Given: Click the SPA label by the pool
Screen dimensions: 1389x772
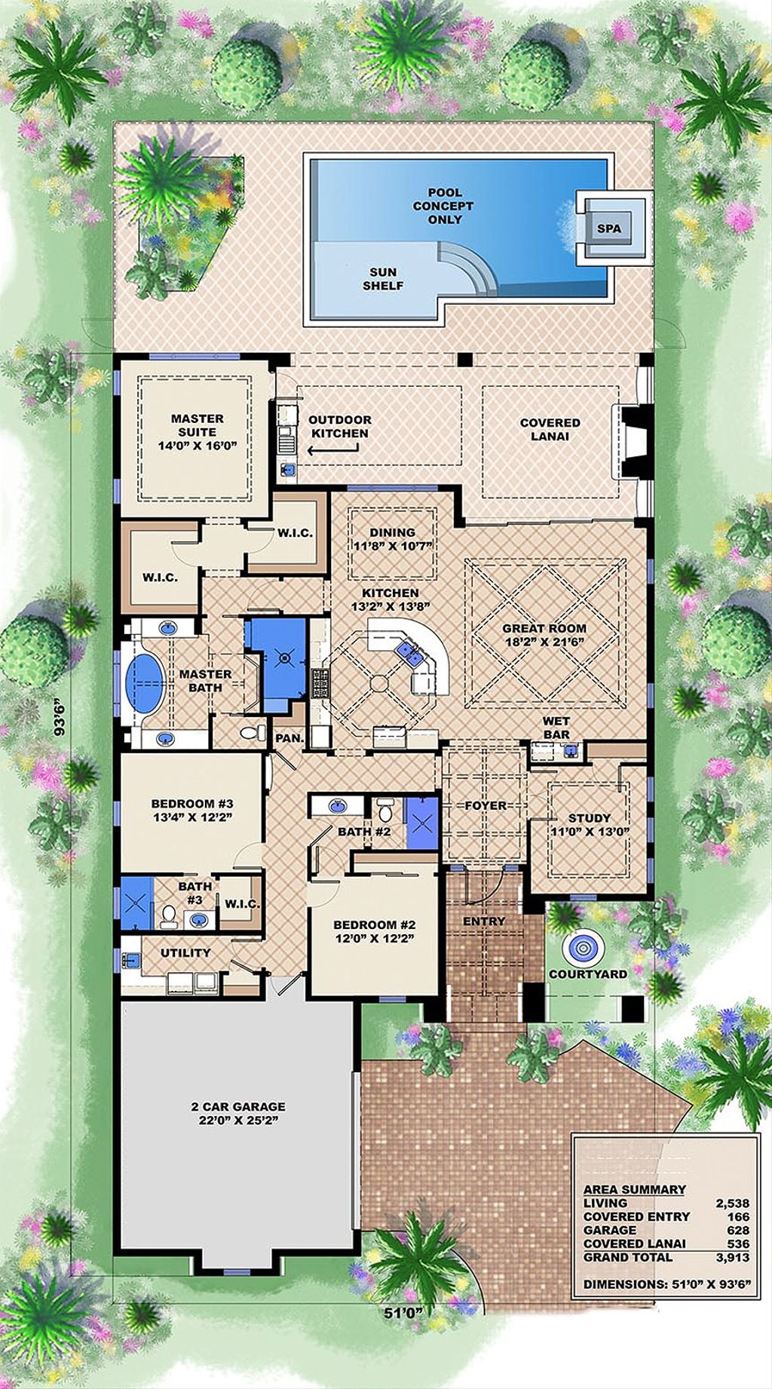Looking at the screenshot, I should point(609,228).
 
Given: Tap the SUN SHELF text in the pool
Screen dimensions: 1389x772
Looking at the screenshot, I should point(383,279).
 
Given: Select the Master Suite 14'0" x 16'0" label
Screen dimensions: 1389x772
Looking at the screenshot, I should point(197,431).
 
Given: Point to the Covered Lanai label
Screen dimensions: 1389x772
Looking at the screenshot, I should point(550,429).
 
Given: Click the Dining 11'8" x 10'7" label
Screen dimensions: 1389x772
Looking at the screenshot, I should point(392,538).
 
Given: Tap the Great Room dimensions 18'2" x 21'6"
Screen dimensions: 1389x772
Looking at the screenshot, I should point(544,642).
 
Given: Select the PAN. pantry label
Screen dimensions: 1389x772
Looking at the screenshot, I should point(289,738).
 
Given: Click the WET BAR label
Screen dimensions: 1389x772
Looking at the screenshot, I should point(556,728).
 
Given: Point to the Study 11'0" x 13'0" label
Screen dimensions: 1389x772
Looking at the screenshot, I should point(590,824).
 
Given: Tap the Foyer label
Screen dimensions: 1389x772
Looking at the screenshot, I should point(486,805).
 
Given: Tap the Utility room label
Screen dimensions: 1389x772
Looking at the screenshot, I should point(185,952).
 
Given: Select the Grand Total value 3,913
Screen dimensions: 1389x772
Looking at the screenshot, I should point(732,1257).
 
